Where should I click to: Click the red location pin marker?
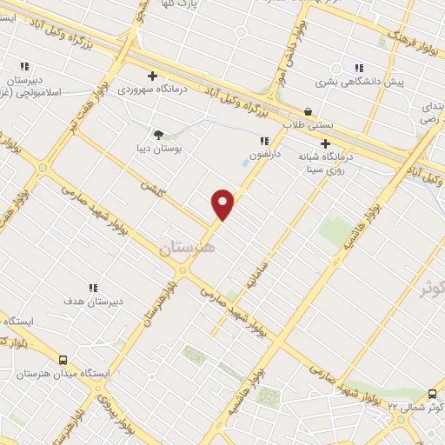[x=223, y=204]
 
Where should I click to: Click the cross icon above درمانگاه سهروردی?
[x=153, y=76]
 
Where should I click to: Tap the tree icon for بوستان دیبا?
[x=157, y=135]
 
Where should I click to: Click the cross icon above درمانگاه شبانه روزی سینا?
[x=325, y=143]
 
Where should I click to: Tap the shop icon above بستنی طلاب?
[x=308, y=110]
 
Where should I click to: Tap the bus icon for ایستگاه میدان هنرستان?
[x=63, y=359]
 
